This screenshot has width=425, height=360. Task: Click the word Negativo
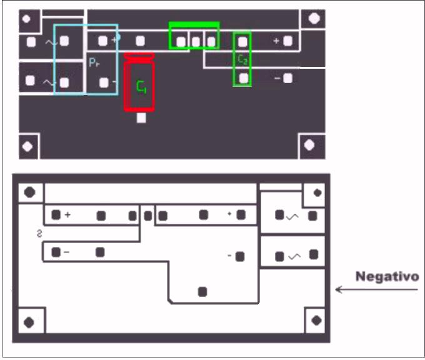coord(387,276)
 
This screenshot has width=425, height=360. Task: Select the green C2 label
coord(242,59)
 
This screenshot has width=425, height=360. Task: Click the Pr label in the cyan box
coord(94,62)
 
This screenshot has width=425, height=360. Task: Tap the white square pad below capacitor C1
coord(141,118)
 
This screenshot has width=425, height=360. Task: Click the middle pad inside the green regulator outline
coord(196,42)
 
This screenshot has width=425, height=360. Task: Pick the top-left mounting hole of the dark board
coord(27,18)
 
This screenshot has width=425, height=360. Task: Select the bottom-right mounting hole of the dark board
coord(309,146)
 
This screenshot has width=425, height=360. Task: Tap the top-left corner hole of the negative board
coord(29,192)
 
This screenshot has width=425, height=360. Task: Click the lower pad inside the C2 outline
coord(242,78)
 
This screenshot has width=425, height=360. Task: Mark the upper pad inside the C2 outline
coord(242,42)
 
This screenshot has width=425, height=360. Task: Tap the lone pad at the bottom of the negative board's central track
coord(202,291)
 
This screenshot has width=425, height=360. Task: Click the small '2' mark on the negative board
coord(40,234)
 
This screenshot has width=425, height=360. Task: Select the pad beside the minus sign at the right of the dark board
coord(287,78)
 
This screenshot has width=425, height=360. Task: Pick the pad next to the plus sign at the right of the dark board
coord(288,41)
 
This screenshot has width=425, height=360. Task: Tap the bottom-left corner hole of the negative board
coord(29,322)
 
